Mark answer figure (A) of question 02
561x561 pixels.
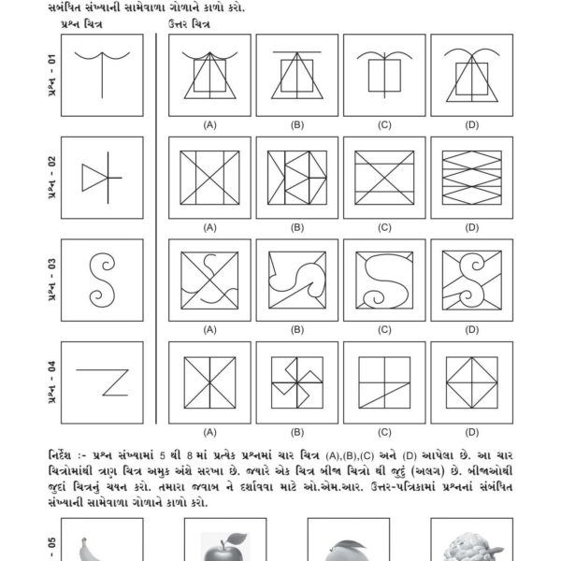(210, 179)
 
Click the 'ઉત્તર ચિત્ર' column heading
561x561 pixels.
(189, 23)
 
